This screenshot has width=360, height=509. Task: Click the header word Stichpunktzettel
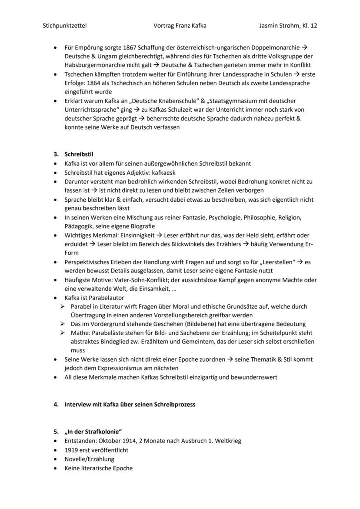click(x=64, y=26)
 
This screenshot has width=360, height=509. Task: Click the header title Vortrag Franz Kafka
click(x=180, y=26)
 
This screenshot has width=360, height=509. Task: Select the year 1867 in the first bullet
click(x=130, y=47)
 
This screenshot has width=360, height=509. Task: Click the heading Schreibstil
click(x=79, y=154)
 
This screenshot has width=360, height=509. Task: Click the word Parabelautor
click(x=106, y=298)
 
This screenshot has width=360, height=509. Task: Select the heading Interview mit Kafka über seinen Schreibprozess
click(x=130, y=404)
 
